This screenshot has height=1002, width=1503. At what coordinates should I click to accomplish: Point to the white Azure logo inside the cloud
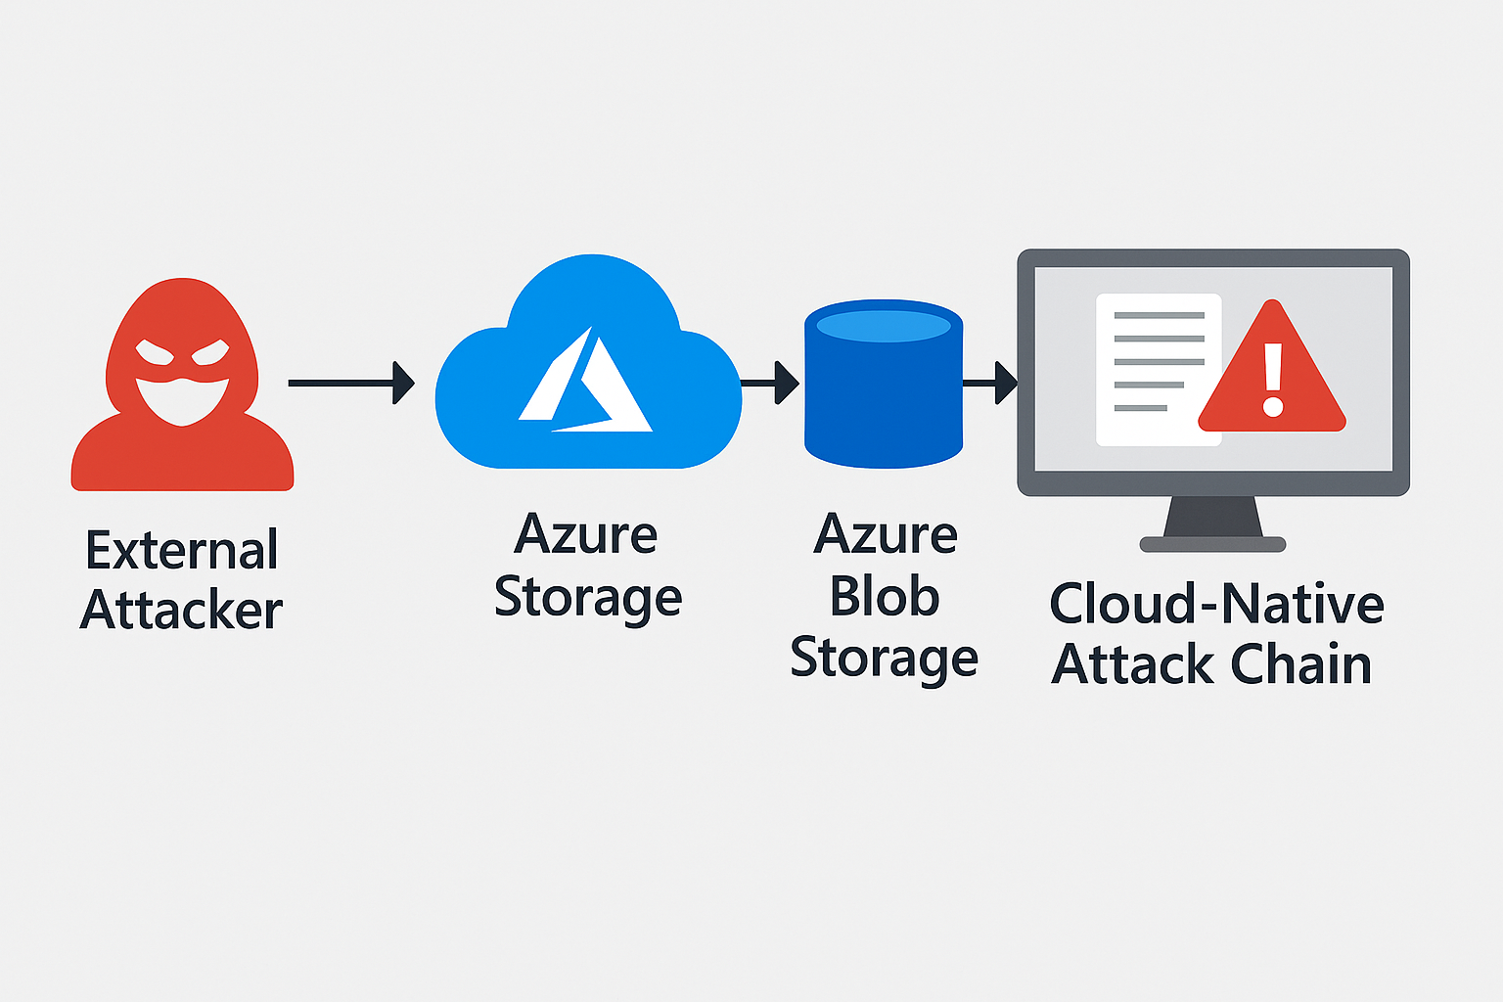(585, 384)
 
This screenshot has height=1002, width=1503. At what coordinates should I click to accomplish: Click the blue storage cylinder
(884, 401)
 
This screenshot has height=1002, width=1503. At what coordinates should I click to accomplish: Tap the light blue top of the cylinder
(884, 325)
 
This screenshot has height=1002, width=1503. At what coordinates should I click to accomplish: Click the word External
(182, 550)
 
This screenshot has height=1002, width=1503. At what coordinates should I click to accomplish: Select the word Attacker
(182, 611)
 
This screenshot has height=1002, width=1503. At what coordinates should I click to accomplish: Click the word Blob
(885, 597)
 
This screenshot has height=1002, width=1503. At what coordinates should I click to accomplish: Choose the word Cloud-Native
(1216, 604)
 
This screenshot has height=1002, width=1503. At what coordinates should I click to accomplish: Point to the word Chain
(1300, 664)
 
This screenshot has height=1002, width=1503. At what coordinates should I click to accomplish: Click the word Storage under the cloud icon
(587, 598)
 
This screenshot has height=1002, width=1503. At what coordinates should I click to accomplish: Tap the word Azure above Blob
(886, 535)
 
